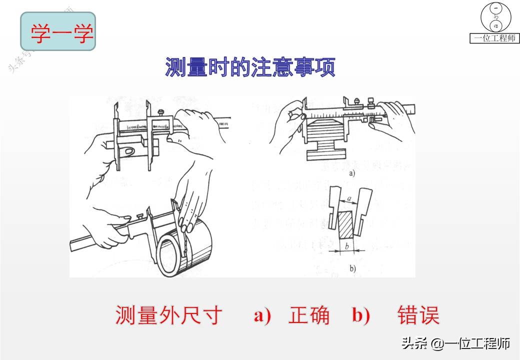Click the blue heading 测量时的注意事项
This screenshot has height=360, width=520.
[x=250, y=67]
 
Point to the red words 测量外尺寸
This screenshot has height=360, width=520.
[x=168, y=315]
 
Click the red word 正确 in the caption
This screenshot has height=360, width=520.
[x=309, y=315]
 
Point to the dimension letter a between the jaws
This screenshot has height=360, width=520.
[x=349, y=198]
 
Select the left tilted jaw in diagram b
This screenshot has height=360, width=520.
[x=334, y=207]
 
